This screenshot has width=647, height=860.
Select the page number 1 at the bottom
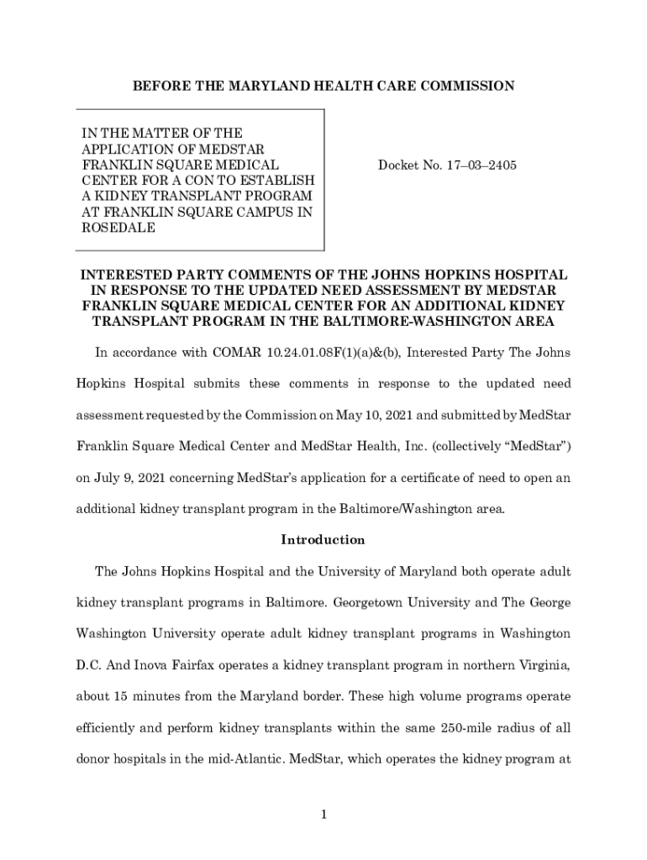tap(323, 815)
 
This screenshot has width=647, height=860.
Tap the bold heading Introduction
tap(323, 539)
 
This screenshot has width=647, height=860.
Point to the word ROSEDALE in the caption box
tap(118, 228)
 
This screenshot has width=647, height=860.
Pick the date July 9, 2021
tap(135, 478)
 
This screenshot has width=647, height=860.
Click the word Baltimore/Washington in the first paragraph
tap(390, 509)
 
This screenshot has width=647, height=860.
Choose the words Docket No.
tap(403, 165)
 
